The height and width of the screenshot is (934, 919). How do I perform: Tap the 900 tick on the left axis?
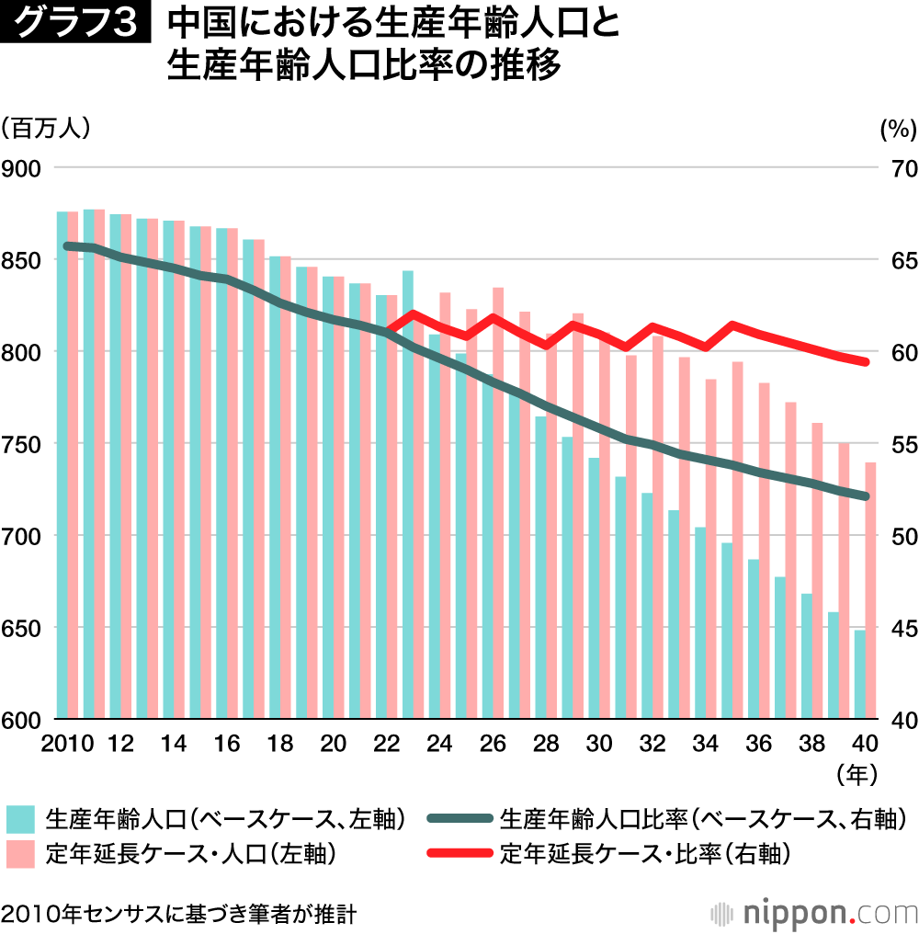21,168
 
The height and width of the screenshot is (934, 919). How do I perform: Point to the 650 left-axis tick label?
21,628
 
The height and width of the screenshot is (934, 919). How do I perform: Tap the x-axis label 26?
493,743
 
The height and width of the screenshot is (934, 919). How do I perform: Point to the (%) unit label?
897,130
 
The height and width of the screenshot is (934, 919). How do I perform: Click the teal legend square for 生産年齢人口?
21,819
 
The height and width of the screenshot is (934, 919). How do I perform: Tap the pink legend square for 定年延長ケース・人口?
21,854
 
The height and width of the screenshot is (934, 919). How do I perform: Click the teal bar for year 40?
860,674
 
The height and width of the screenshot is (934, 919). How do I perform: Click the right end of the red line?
865,362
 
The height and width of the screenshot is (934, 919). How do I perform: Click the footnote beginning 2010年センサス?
178,914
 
